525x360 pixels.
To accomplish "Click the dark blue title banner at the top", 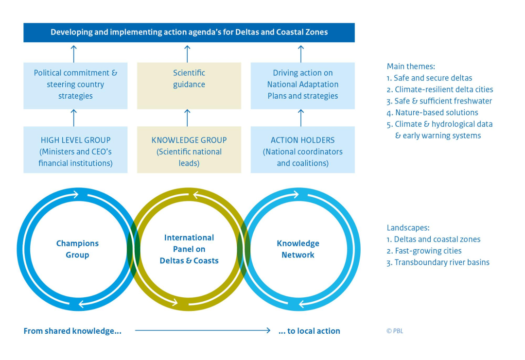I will tap(189, 33).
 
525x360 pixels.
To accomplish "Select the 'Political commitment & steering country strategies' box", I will tap(75, 85).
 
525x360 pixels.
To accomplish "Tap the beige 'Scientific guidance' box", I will tap(189, 85).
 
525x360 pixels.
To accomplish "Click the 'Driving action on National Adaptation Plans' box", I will tap(302, 85).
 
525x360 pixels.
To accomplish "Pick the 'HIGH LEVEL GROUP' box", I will tap(75, 151).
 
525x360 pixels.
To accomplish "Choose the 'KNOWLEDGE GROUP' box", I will tap(189, 151).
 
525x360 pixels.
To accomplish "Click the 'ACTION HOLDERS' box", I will tap(302, 151).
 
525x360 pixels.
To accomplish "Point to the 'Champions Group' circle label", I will tap(77, 249).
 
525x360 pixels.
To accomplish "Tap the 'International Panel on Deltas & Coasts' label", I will tap(189, 249).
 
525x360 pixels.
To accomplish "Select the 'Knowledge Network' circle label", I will tap(298, 249).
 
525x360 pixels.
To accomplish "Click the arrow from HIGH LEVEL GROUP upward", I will tap(74, 118).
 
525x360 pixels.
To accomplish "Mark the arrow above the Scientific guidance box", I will tap(187, 53).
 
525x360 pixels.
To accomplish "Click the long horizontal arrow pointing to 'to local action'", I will tap(202, 331).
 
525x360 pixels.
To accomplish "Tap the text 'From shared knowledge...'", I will tap(72, 331).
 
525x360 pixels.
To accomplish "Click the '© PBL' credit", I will tap(395, 331).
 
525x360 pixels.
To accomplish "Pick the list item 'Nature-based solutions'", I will tap(436, 113).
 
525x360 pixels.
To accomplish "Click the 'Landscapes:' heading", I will tap(408, 228).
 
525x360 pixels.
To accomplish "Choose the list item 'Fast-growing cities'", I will tap(427, 251).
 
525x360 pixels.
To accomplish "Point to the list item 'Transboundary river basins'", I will tap(441, 263).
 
